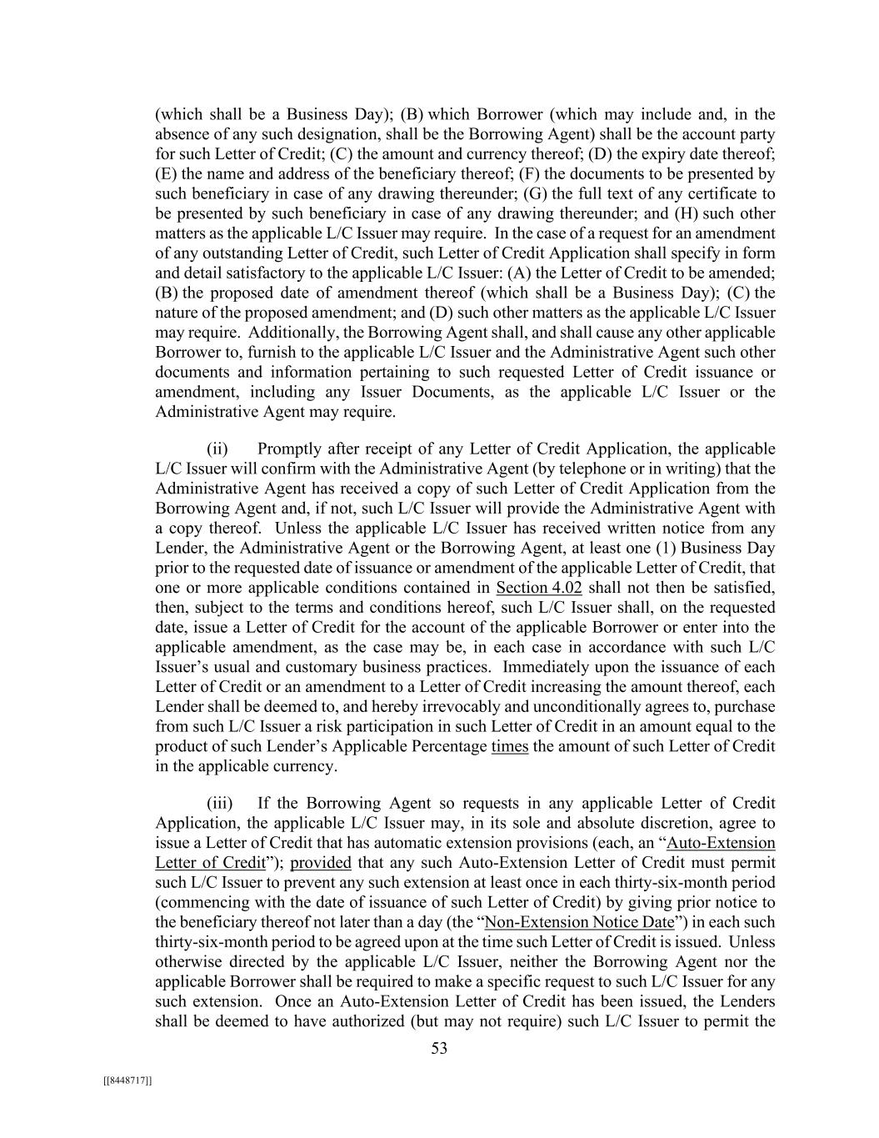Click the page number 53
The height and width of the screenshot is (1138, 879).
(439, 1049)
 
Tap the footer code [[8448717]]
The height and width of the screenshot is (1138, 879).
(127, 1080)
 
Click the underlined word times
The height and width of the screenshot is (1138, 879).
(510, 746)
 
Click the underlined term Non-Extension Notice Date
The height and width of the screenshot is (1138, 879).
(579, 922)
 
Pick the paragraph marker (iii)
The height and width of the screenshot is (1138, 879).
(219, 804)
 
